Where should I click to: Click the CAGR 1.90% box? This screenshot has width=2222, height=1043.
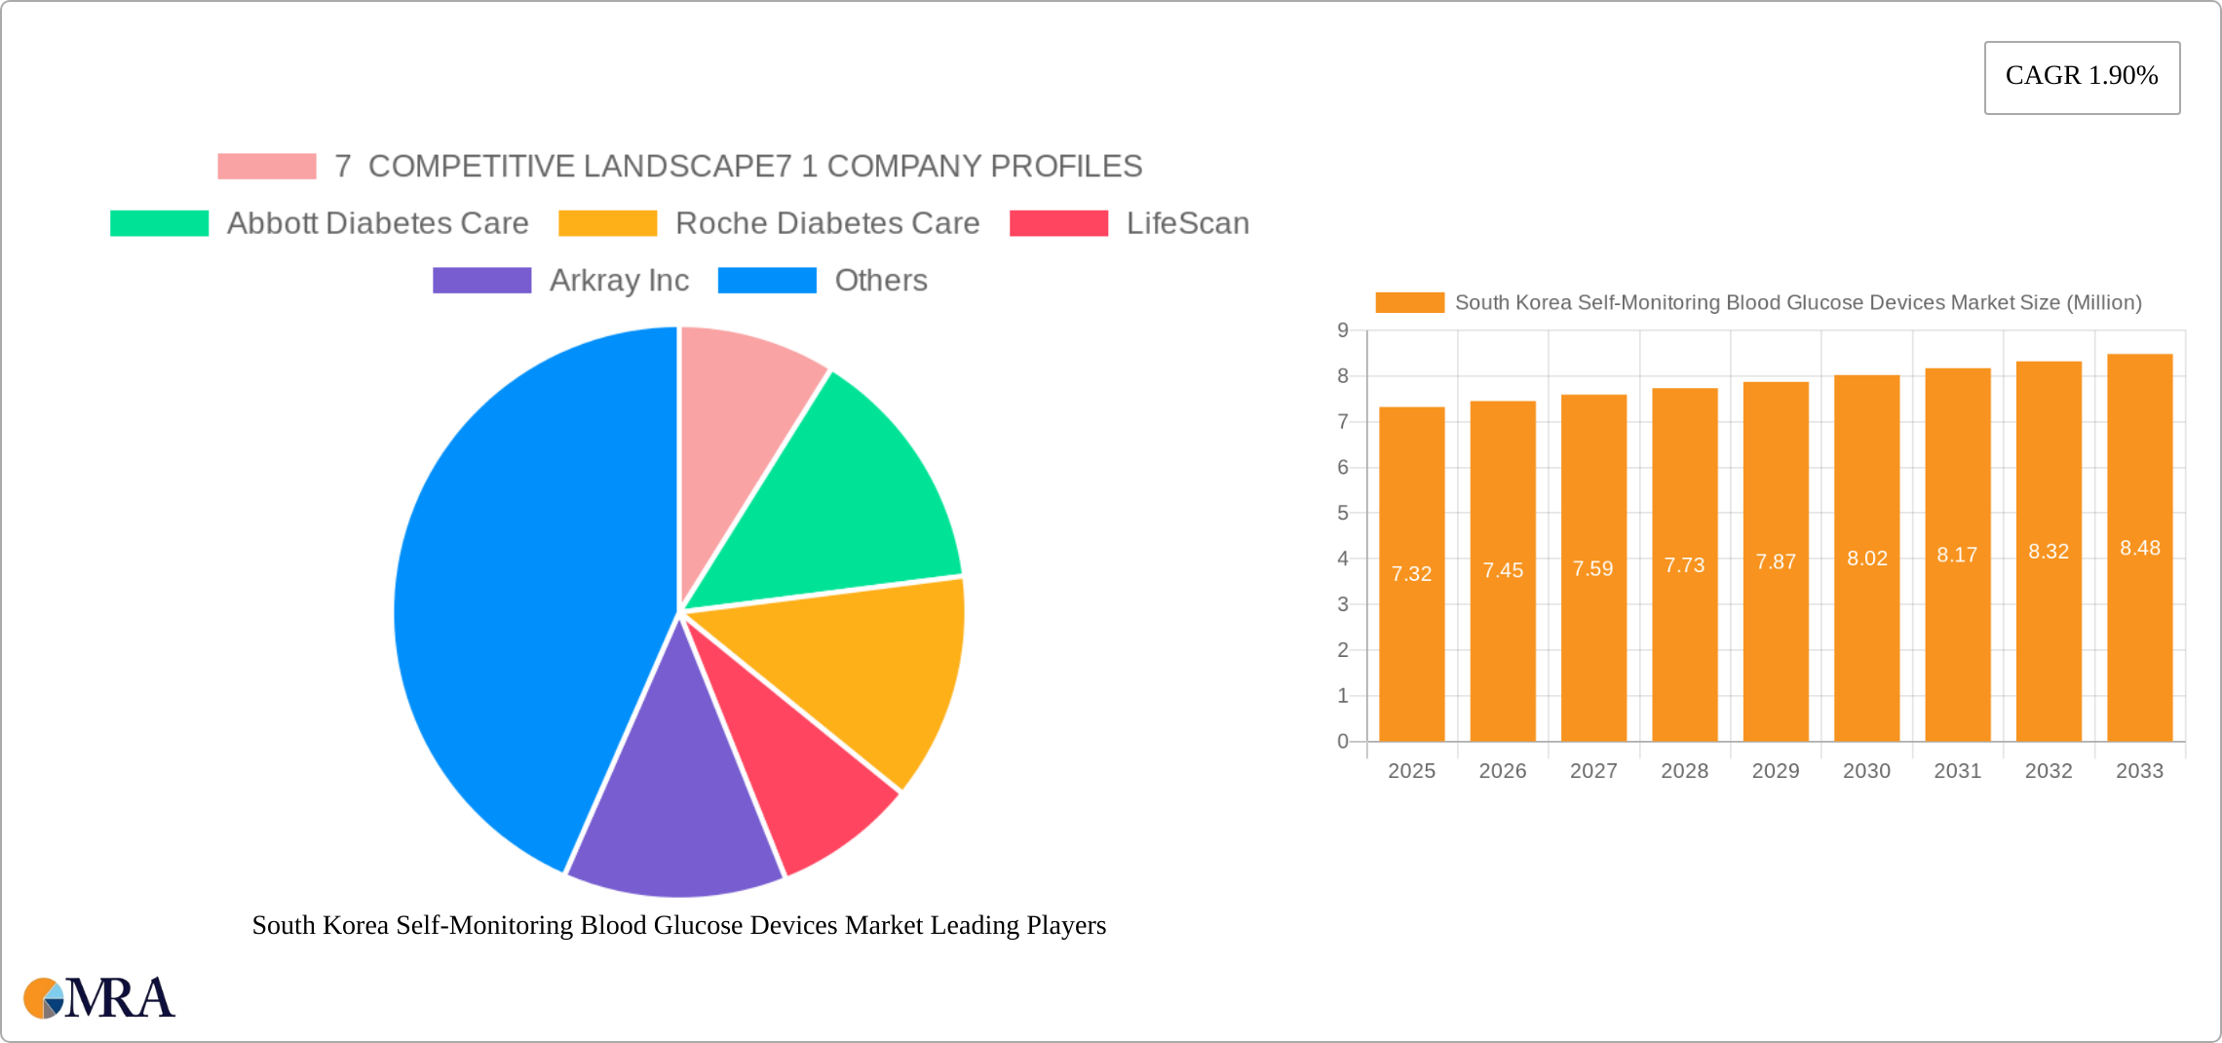pos(2082,77)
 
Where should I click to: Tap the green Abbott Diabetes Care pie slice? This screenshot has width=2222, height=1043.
pos(838,497)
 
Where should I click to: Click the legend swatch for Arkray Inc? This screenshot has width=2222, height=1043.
pos(481,281)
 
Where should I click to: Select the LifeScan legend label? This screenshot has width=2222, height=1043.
pos(1187,223)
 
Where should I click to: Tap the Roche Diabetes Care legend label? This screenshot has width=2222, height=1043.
pos(826,223)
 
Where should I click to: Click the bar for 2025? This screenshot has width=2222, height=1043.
pos(1411,634)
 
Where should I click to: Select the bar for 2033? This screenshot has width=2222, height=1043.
pos(2139,634)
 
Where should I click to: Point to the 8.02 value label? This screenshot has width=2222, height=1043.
pos(1866,559)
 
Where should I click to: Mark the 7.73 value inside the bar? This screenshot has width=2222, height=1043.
pos(1684,565)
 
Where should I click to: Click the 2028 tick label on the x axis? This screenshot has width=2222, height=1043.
pos(1684,771)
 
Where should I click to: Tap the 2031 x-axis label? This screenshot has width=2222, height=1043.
pos(1957,771)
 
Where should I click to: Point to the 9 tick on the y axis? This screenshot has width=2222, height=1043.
pos(1343,330)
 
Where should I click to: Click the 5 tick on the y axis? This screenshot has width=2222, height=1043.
pos(1343,513)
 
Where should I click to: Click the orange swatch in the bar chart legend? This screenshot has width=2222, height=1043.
pos(1409,303)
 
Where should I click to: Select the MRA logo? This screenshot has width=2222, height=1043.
pos(99,998)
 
